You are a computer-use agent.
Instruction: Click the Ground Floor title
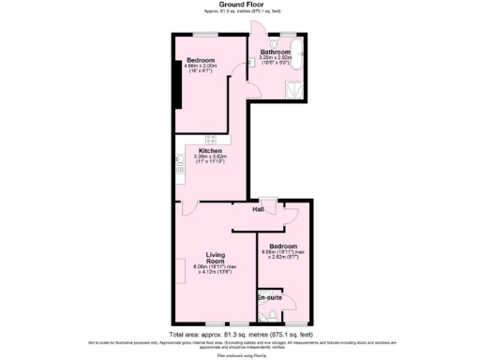239,5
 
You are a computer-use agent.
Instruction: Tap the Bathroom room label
276,52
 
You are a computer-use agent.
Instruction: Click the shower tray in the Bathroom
295,89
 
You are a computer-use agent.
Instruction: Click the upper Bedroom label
201,60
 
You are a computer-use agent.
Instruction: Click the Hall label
259,209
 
